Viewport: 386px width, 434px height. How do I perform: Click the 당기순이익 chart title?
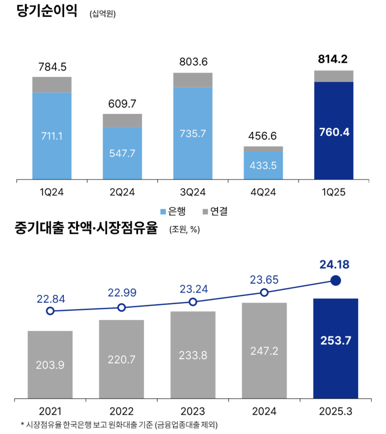[47, 11]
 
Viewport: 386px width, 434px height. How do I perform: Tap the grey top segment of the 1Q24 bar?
[52, 85]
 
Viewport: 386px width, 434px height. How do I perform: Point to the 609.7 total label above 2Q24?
[122, 104]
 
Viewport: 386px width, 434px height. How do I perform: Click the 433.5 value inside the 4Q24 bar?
[263, 166]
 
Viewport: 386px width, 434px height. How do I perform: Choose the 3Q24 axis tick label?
[193, 192]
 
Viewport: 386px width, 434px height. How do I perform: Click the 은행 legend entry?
[173, 211]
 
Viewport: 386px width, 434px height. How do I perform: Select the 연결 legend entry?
[215, 211]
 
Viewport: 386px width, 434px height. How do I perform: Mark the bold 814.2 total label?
[333, 59]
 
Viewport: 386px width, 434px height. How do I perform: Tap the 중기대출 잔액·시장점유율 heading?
[86, 228]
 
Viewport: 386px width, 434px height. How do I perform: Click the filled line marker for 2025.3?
[335, 281]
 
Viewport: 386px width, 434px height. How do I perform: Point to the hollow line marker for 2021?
[50, 311]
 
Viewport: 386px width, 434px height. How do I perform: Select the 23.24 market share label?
[194, 289]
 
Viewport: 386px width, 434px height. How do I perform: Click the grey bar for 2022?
[121, 359]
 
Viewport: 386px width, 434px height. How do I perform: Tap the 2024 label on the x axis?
[264, 411]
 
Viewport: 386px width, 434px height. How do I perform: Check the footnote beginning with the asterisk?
[119, 425]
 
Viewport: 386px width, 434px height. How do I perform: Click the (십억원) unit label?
[103, 14]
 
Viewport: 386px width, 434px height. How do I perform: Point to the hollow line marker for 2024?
[264, 293]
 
